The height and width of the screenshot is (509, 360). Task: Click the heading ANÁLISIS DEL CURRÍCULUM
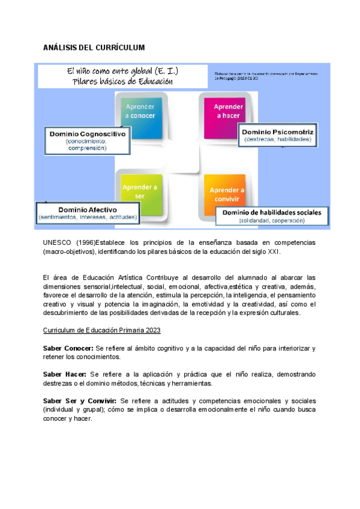pos(94,47)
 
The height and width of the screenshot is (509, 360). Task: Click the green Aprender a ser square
pos(140,191)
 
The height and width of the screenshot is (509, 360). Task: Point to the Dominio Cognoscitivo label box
pos(87,140)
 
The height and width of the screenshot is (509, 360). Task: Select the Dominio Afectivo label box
pos(88,211)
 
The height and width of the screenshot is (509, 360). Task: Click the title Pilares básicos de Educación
pos(122,82)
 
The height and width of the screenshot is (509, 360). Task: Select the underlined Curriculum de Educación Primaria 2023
pos(101,331)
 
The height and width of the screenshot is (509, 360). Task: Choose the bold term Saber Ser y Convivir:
pos(80,400)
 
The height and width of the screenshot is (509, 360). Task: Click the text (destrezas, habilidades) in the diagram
pos(277,139)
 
